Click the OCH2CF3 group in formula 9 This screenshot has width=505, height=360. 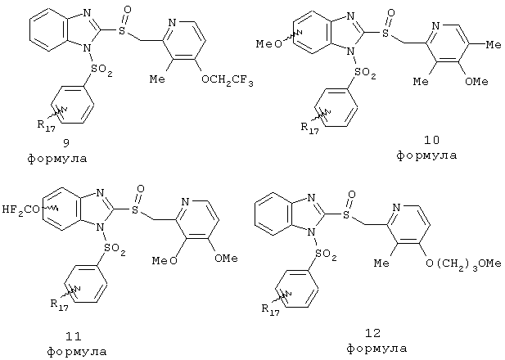pos(227,80)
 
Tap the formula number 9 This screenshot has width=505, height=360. pos(66,142)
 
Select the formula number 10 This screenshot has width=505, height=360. pos(431,140)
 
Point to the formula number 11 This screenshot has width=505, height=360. pos(74,336)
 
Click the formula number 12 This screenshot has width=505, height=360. pos(373,333)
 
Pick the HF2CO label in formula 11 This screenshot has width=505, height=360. pos(21,210)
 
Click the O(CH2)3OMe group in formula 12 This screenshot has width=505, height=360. pos(463,263)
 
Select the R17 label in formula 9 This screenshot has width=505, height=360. pos(46,125)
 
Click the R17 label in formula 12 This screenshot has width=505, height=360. pos(271,310)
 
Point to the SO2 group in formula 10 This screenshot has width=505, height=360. pos(365,73)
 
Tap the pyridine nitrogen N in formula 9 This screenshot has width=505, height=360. pos(173,23)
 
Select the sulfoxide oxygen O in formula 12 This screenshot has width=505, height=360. pos(352,195)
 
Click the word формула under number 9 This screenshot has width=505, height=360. pos(57,159)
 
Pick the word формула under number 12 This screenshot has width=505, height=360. pos(376,349)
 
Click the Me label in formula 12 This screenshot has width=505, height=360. pos(381,263)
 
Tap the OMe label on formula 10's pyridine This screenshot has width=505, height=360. pos(476,82)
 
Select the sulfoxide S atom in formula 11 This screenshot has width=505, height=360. pos(135,210)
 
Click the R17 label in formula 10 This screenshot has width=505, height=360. pos(309,128)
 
